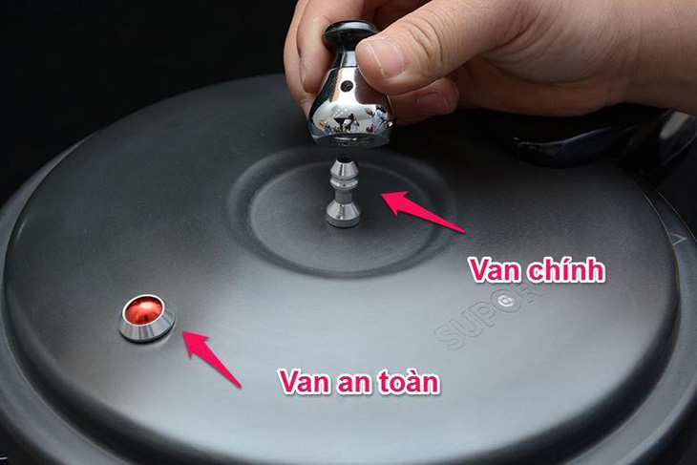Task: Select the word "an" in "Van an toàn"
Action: tap(346, 382)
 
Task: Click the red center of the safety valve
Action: tap(145, 309)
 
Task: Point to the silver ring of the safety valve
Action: tap(146, 328)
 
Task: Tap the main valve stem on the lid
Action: tap(343, 191)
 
